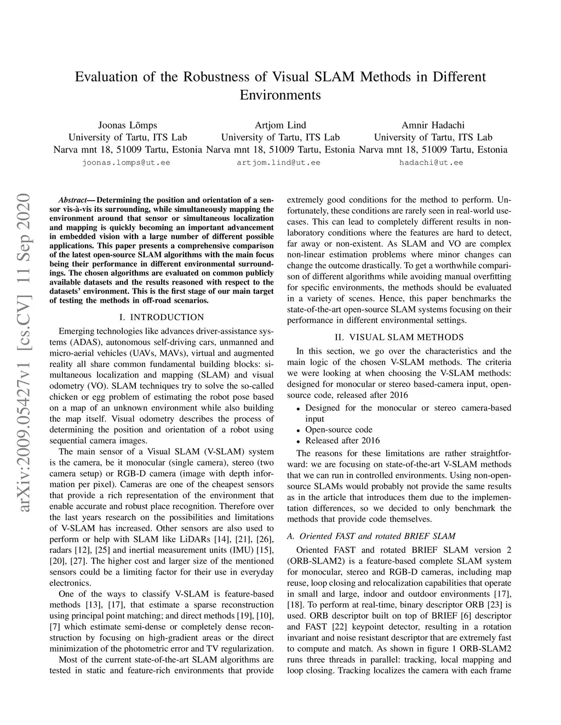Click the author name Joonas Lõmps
pyautogui.click(x=127, y=125)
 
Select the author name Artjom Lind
pyautogui.click(x=280, y=125)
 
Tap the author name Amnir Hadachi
pyautogui.click(x=433, y=125)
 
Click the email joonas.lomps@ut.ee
pyautogui.click(x=126, y=163)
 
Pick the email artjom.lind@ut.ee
pyautogui.click(x=278, y=163)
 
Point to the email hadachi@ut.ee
pyautogui.click(x=431, y=163)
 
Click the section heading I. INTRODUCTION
pyautogui.click(x=161, y=317)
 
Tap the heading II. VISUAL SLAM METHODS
pyautogui.click(x=399, y=338)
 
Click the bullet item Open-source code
pyautogui.click(x=339, y=430)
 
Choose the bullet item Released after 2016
pyautogui.click(x=342, y=440)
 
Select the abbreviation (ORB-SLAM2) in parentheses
pyautogui.click(x=312, y=561)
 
